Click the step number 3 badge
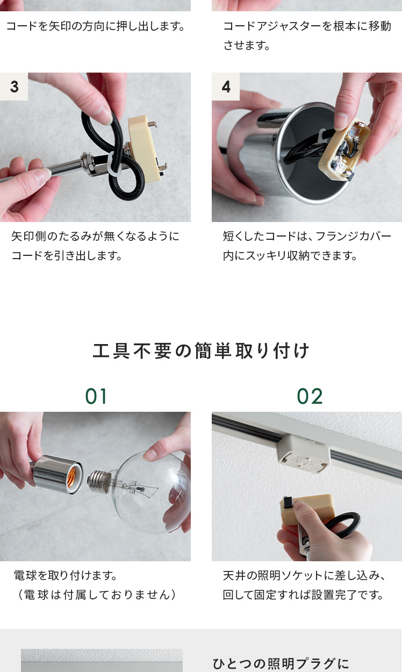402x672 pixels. [14, 87]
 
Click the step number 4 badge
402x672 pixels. [226, 87]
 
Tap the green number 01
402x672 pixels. [96, 396]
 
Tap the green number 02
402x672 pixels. [310, 396]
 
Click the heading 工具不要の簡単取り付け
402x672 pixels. [200, 351]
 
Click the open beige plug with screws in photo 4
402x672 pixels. [345, 151]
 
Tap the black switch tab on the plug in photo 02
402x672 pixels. [288, 502]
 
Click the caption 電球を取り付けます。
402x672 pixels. [66, 575]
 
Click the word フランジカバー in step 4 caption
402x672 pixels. [354, 237]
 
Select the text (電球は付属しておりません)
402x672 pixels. [97, 595]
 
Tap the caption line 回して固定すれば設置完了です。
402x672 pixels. [303, 595]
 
